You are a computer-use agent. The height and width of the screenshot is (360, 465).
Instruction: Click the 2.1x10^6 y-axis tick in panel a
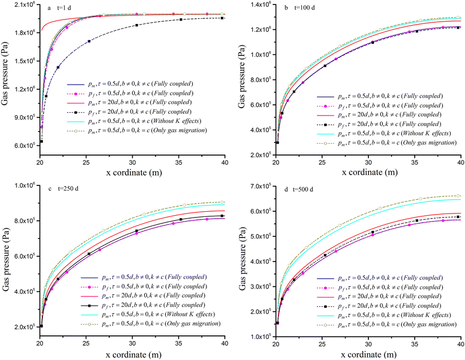[24, 5]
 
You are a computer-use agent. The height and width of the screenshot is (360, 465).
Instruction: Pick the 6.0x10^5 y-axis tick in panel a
[24, 145]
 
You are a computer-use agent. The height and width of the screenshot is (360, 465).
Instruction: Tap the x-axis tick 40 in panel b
[461, 161]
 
